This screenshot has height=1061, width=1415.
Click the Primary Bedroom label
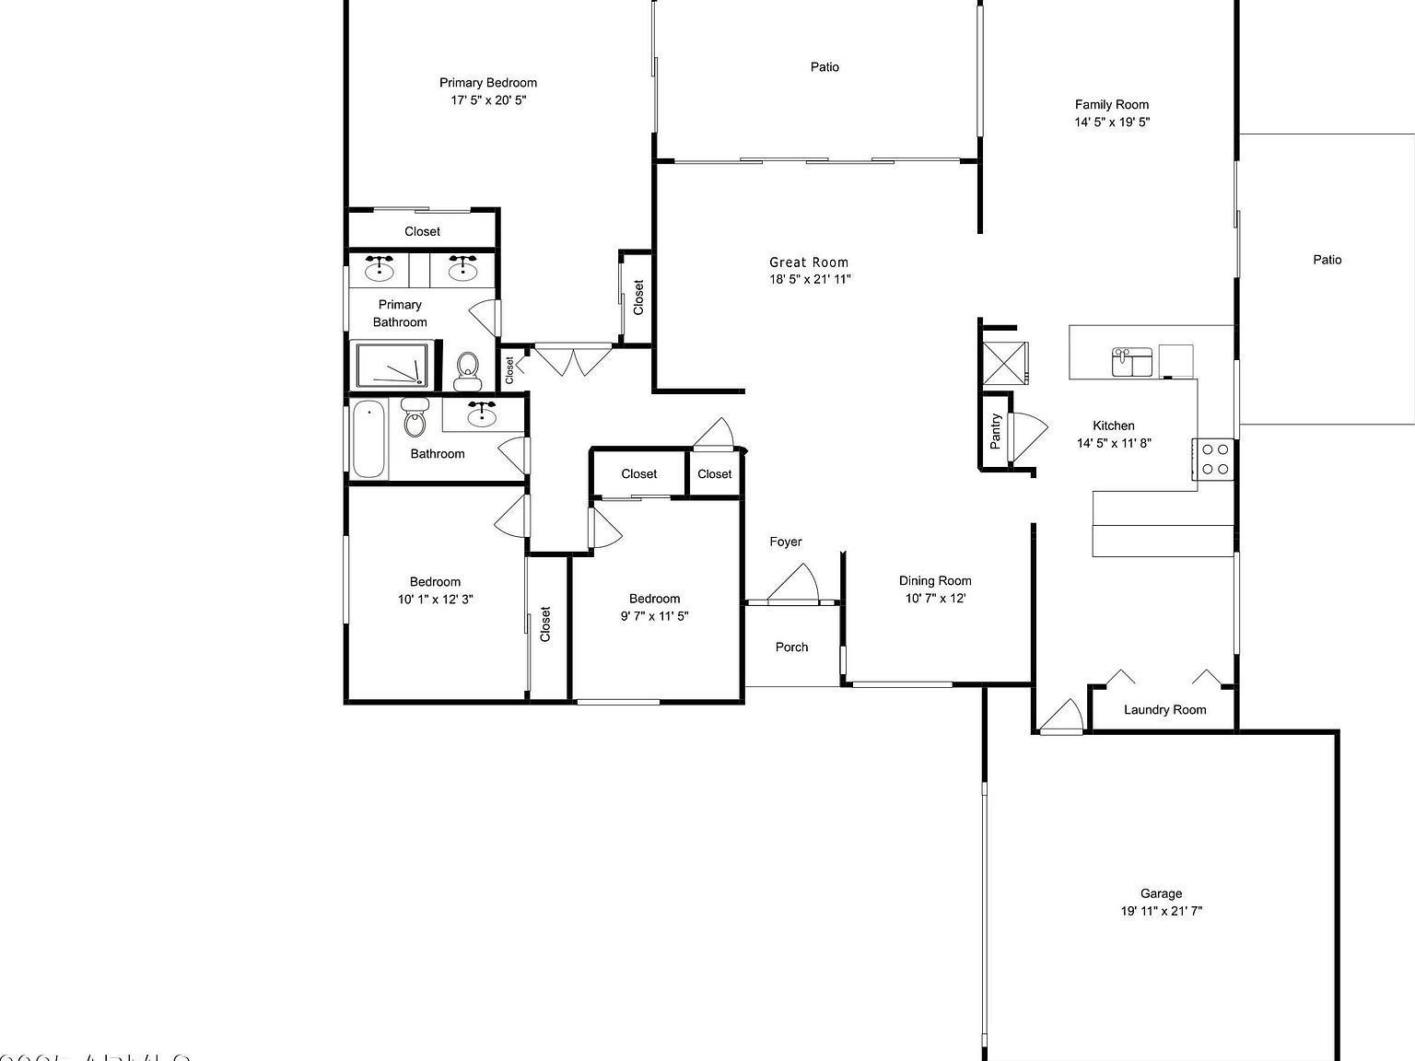tap(487, 83)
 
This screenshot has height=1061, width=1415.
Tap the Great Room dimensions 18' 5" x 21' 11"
tap(810, 279)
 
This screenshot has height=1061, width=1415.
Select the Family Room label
tap(1112, 105)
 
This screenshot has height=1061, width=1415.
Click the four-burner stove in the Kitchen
tap(1214, 459)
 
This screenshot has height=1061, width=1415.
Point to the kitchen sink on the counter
tap(1131, 361)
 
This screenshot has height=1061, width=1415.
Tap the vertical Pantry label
tap(995, 431)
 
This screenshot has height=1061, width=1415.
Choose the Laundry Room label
tap(1164, 709)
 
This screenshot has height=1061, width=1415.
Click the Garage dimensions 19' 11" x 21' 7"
tap(1161, 911)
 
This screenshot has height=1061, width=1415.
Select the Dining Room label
tap(935, 580)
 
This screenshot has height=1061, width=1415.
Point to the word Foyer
tap(786, 542)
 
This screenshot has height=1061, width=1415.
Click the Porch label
tap(791, 647)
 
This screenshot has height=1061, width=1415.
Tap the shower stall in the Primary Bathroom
tap(393, 366)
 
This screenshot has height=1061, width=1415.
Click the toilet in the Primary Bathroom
tap(468, 371)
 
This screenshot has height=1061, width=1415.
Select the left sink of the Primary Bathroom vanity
tap(379, 269)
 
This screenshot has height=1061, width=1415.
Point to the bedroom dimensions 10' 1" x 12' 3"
tap(435, 599)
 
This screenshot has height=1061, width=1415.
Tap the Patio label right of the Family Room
tap(1327, 260)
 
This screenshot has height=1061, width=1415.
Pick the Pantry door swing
tap(1026, 437)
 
